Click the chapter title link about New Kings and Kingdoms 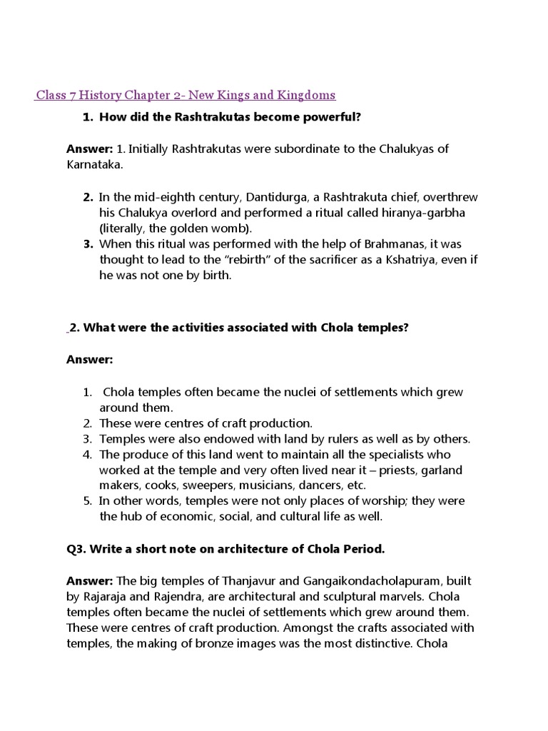pos(186,95)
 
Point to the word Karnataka pos(92,164)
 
